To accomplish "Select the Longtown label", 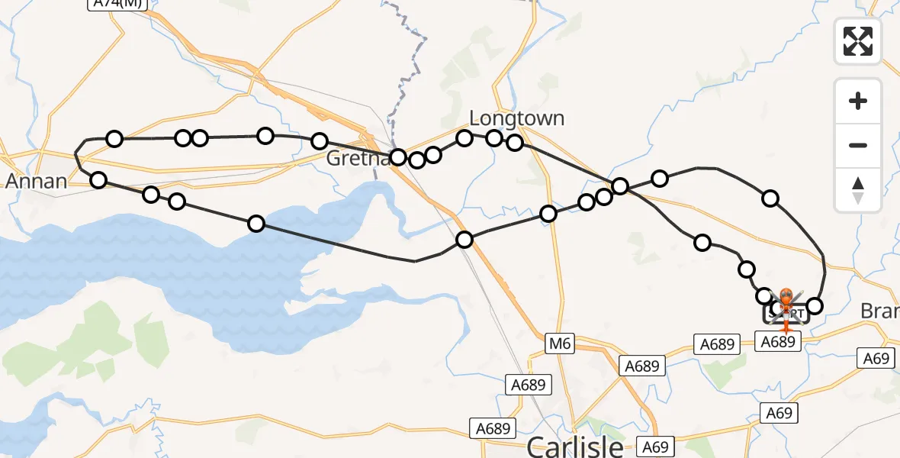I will pos(517,118).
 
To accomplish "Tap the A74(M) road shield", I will pos(117,3).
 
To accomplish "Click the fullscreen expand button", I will pos(858,41).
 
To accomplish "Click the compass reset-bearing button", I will pos(858,191).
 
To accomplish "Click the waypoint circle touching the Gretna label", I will pos(398,158).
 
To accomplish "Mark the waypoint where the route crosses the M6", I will pos(464,240).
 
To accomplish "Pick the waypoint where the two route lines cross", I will pos(620,186).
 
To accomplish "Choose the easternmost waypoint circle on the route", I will pos(815,306).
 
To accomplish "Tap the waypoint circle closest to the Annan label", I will pos(98,180).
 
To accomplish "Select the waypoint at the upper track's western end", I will pos(114,139).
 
